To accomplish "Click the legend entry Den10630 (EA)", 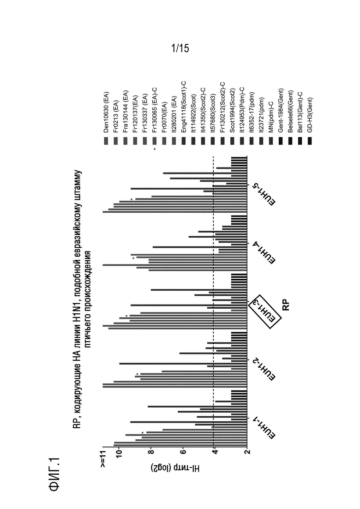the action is click(106, 112).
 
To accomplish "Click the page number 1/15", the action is click(180, 48).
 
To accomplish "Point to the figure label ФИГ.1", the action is click(54, 474).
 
